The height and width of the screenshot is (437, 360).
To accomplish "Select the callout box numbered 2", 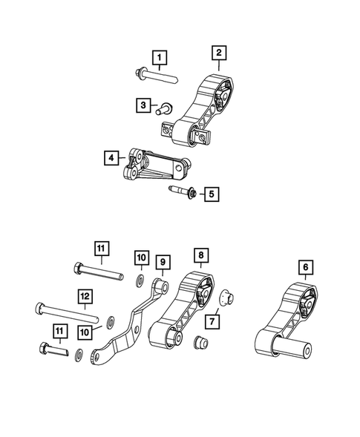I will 219,53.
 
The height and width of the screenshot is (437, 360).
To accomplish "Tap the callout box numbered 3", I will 143,106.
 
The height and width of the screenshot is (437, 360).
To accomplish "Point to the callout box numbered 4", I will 111,157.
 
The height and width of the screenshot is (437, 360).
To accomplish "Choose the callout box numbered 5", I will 212,194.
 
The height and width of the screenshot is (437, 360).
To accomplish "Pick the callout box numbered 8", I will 200,256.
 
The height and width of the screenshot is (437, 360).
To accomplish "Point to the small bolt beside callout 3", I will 163,108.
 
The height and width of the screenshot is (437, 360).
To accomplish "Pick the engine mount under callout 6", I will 286,326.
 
